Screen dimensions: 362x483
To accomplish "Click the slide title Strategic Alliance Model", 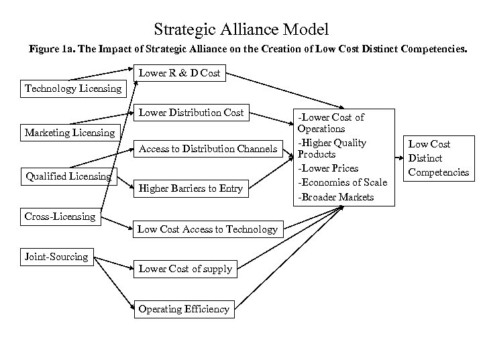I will [x=241, y=29].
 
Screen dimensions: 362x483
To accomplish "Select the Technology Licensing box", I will [x=73, y=88].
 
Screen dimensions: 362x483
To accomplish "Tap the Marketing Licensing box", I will [x=69, y=133].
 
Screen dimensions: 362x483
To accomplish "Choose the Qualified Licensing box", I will [x=68, y=176].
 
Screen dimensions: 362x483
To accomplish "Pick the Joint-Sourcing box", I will [x=56, y=257].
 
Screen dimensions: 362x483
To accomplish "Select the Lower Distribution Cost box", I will [x=191, y=112].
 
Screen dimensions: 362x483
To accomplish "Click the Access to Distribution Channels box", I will [x=207, y=149].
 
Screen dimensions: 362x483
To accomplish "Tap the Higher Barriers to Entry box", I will [x=190, y=188].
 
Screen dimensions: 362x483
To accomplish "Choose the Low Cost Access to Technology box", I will [x=207, y=229].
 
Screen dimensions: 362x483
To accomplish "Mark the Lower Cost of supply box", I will [x=185, y=269].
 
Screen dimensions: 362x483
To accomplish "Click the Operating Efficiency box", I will [x=183, y=309].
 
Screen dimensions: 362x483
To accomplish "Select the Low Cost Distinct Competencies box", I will [x=439, y=158].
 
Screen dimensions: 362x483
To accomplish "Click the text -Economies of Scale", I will [x=342, y=183].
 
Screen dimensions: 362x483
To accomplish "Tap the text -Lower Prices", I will [x=328, y=168].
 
